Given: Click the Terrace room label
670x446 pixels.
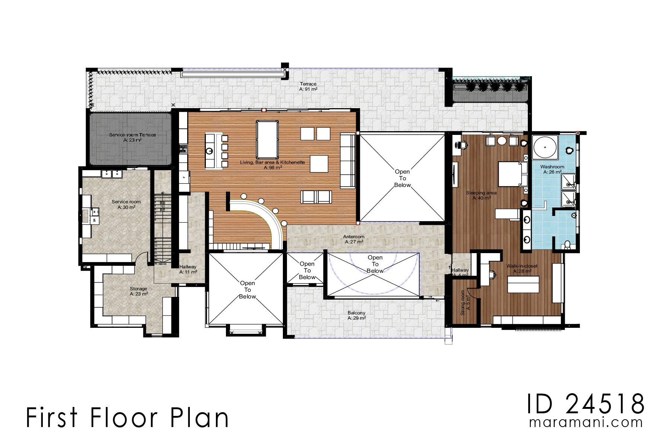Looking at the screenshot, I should coord(308,87).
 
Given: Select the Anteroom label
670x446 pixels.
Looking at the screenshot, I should coord(354,239).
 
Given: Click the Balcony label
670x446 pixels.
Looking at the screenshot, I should coord(356,316).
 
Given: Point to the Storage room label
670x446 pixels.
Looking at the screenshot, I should coord(138,291).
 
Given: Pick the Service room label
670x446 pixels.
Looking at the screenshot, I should coord(126,204).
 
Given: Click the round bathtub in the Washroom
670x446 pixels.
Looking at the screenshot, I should coord(545,147).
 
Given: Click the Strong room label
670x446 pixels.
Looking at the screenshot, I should coord(465,303).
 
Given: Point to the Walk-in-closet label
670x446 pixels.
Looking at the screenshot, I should coord(522,268).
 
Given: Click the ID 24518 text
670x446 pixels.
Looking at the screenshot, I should coord(585,404).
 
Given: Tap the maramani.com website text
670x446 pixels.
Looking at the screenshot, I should coord(586,423).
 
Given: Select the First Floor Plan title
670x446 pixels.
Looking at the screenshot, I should coord(127,418).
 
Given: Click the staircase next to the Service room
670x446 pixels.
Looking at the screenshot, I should coord(163,227).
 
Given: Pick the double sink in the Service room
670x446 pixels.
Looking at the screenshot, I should coord(112,174).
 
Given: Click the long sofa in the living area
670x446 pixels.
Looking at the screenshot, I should coord(348,161).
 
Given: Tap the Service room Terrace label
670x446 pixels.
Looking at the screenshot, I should coord(132,137).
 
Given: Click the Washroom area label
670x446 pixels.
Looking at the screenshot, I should coord(552,169).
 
